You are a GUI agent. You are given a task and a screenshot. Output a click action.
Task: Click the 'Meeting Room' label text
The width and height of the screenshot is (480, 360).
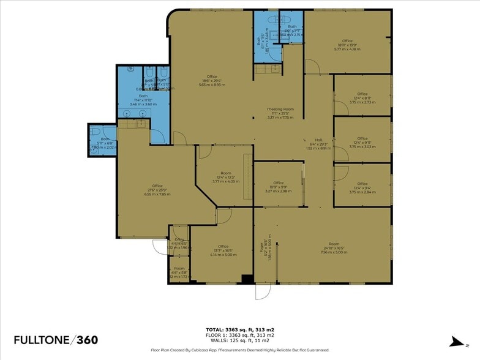(280, 109)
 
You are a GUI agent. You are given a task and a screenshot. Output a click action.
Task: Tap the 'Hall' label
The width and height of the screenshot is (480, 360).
(318, 139)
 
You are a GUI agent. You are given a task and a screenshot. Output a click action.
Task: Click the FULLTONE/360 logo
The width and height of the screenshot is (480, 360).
(56, 340)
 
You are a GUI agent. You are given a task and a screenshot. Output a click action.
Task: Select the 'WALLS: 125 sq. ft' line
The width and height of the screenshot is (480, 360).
(239, 340)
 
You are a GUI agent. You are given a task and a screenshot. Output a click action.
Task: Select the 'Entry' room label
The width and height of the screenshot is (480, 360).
(179, 239)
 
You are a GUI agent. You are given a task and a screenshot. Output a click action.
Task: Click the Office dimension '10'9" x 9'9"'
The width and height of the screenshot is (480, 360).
(279, 187)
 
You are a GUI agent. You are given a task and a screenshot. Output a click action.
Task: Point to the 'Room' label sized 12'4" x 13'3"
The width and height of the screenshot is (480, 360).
(226, 173)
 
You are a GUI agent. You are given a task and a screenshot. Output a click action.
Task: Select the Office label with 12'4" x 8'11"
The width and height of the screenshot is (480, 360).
(362, 94)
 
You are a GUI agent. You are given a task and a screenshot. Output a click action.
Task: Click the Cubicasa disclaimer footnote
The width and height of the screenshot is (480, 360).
(239, 350)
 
